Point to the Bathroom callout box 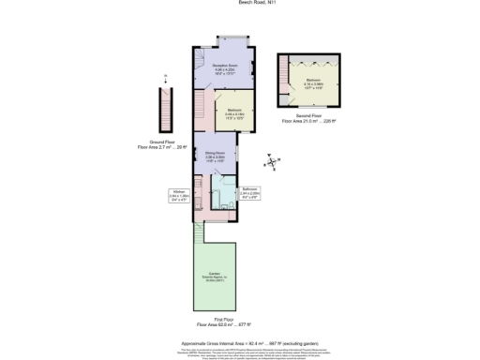(x=248, y=194)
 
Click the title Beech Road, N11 (x=239, y=4)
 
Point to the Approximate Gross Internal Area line (x=239, y=344)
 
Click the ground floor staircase (x=166, y=110)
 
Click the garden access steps (x=199, y=230)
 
